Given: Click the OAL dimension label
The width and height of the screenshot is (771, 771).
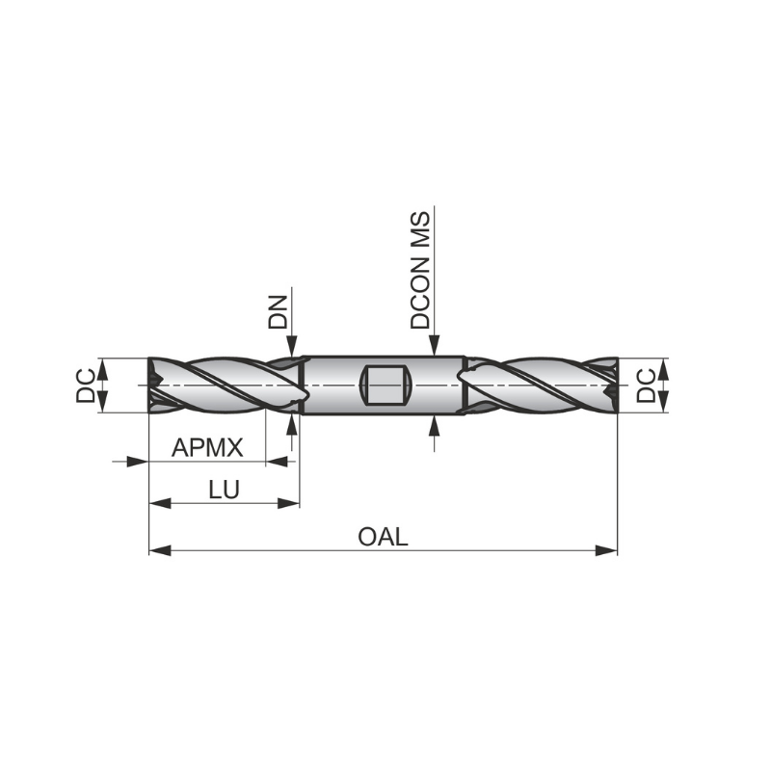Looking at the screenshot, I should point(383,537).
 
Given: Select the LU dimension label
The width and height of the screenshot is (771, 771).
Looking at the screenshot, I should point(224,490).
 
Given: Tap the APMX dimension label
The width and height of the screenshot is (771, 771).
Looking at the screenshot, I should point(206,448).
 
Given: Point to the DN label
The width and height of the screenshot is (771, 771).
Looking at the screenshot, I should point(279,314).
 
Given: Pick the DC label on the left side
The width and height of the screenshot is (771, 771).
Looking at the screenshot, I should point(87,385).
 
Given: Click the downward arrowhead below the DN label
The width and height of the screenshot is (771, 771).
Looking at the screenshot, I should point(292,348).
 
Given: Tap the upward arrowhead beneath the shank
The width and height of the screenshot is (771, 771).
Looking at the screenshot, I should point(436,425).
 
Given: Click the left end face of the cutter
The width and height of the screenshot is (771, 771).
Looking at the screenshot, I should point(151,385).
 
